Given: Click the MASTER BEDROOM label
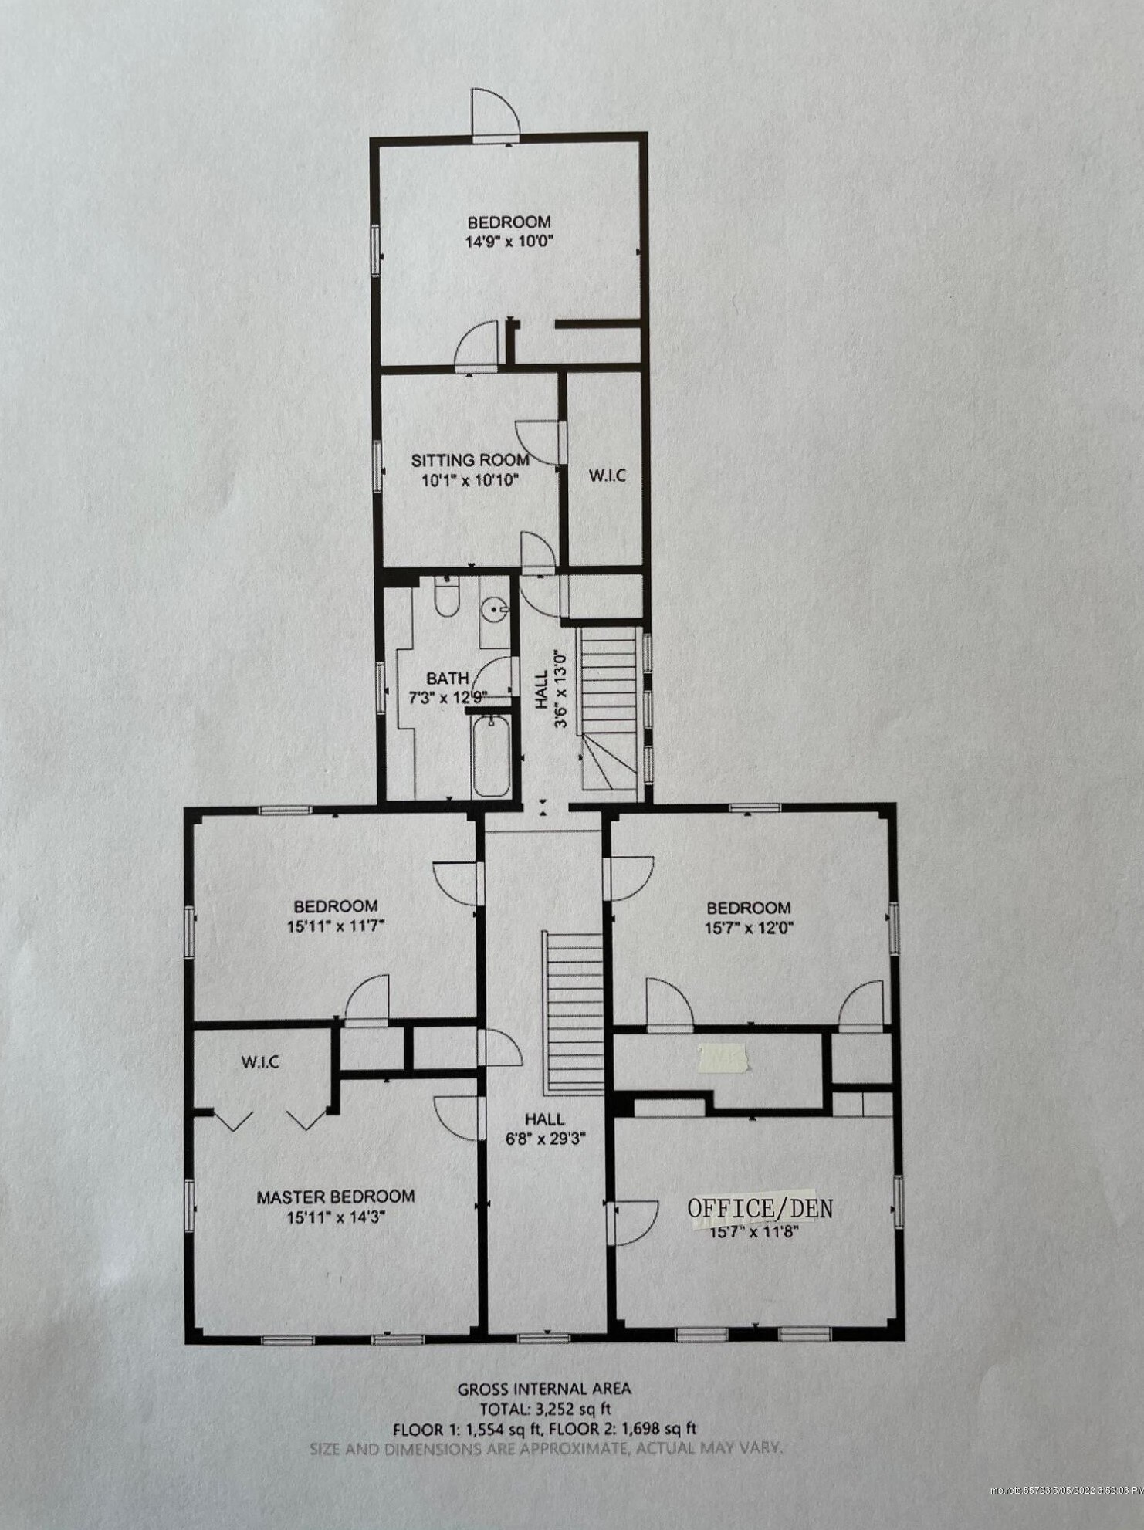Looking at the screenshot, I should click(335, 1197).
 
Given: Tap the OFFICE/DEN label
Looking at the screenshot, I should click(760, 1208).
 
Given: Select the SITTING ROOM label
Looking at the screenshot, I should click(470, 461).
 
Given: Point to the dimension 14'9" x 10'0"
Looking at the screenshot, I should click(509, 241).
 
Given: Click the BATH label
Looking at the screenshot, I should click(448, 679).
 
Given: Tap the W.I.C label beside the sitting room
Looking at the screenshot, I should click(607, 476).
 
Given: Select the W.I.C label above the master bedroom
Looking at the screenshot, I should click(260, 1062).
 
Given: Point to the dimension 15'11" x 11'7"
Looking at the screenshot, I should click(335, 926).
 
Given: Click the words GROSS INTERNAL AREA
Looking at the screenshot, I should click(544, 1389).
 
